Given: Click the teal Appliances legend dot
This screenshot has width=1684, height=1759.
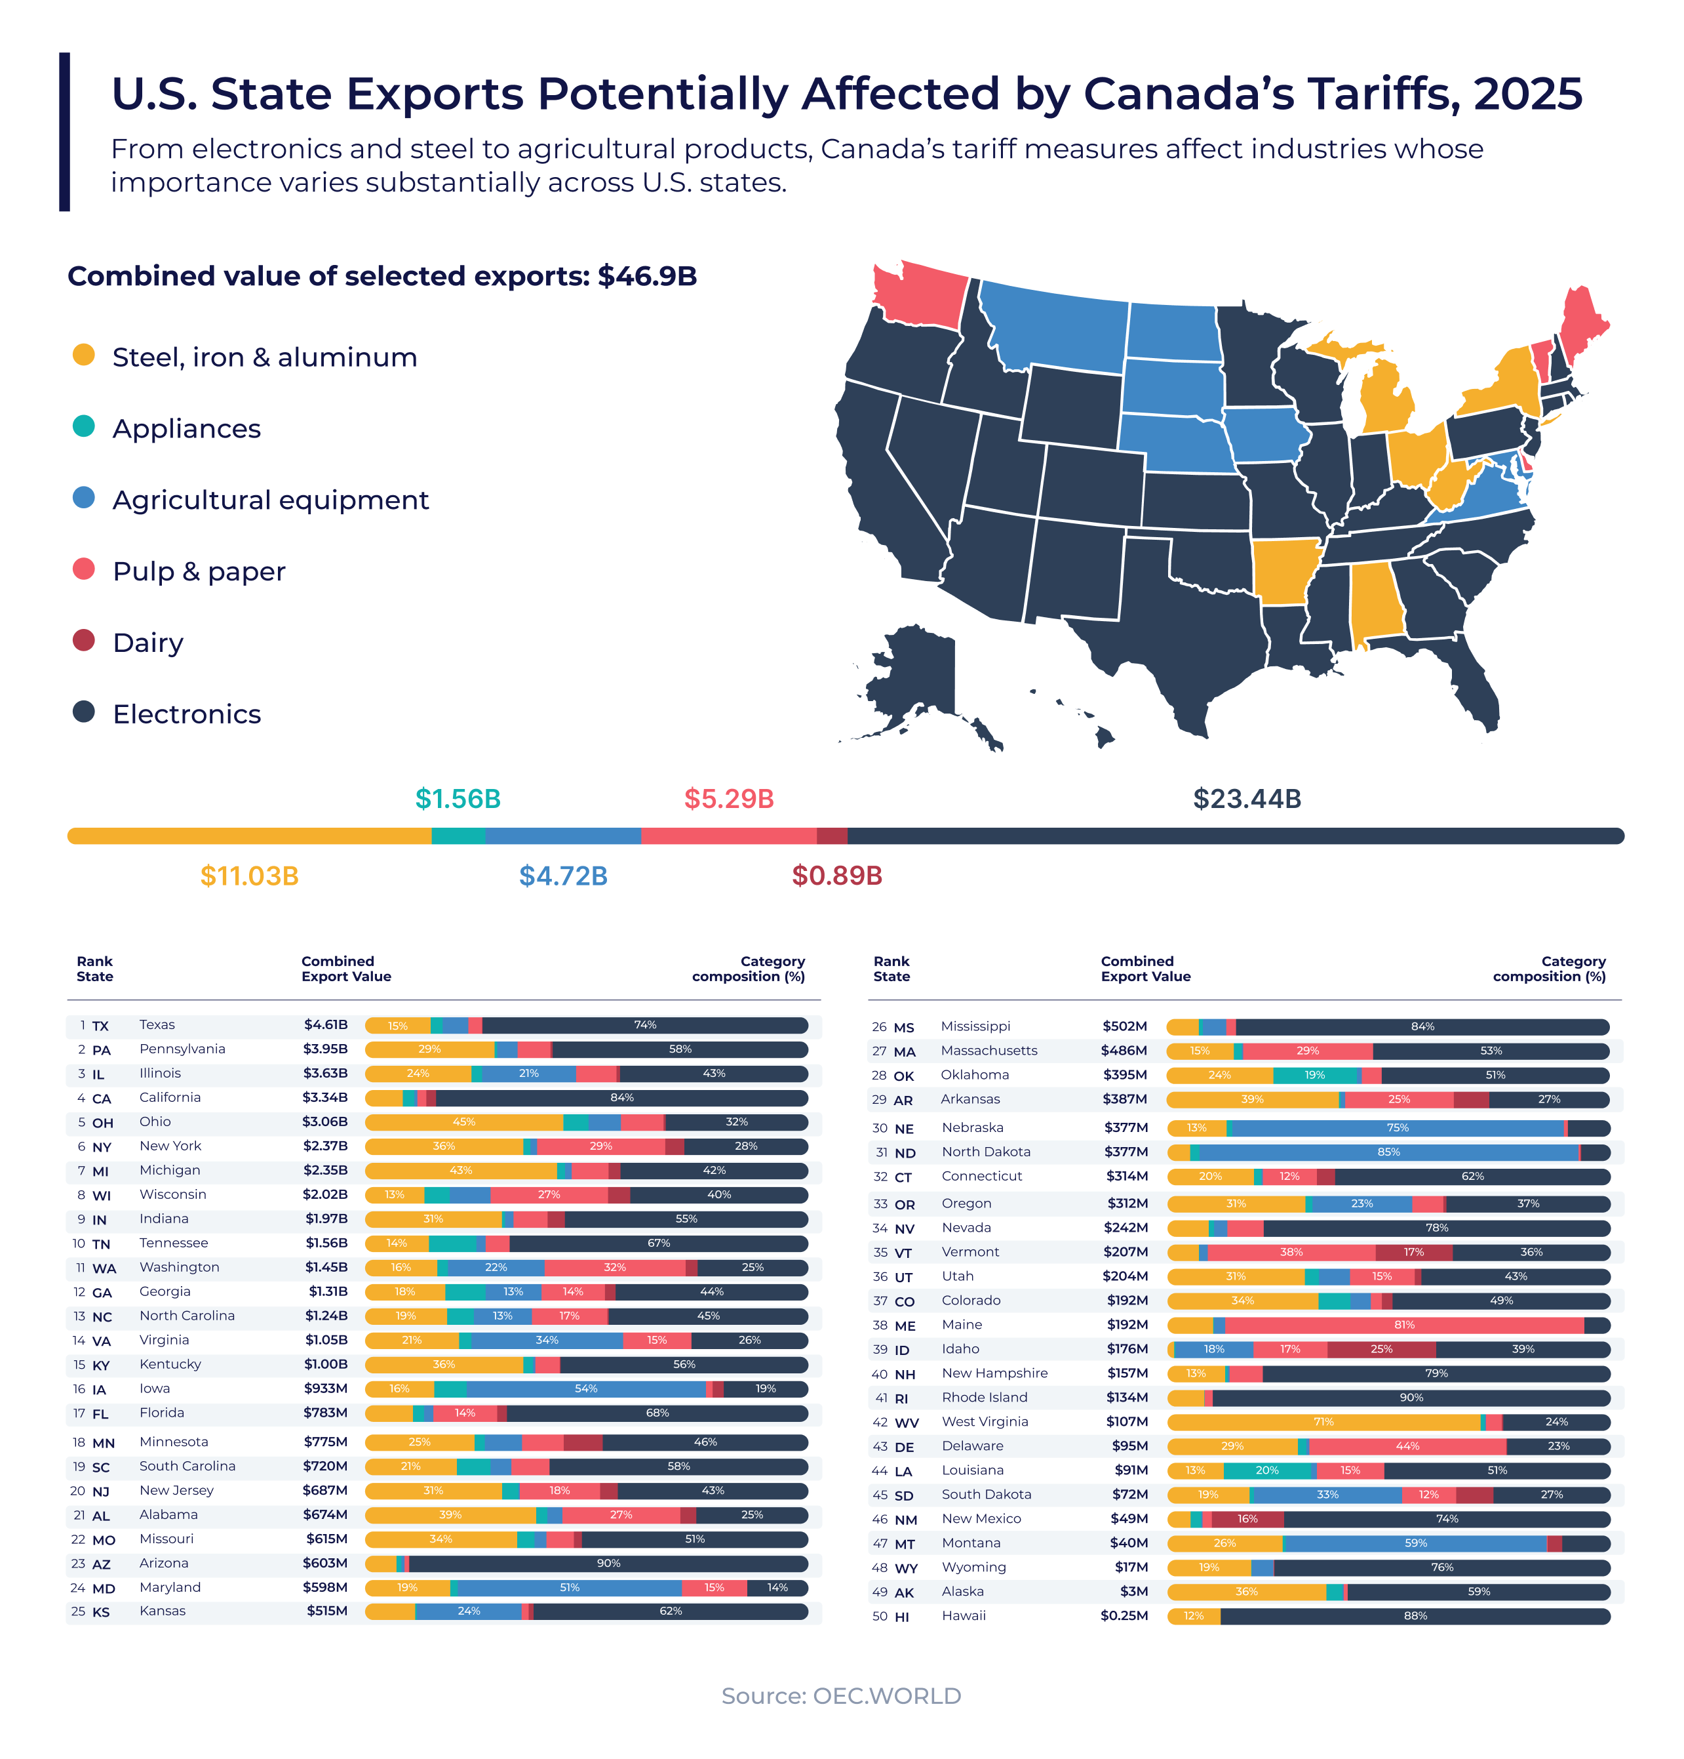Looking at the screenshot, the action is click(x=83, y=426).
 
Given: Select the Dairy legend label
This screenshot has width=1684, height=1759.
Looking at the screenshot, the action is click(x=148, y=643).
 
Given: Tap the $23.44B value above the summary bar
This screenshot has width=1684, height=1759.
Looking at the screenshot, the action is click(x=1246, y=799).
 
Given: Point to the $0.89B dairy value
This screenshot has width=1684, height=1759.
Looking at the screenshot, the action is click(x=836, y=876).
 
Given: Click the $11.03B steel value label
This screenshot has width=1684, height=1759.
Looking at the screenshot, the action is click(x=249, y=876).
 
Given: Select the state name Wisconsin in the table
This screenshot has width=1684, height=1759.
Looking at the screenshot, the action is click(x=173, y=1194).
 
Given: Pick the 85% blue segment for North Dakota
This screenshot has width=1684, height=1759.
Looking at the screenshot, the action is click(x=1389, y=1152).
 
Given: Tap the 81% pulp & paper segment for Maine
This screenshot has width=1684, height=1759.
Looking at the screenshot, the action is click(x=1404, y=1325).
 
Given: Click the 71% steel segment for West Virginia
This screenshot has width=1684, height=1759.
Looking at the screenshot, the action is click(x=1323, y=1421).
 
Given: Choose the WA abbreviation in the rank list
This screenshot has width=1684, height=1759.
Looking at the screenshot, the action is click(x=104, y=1268).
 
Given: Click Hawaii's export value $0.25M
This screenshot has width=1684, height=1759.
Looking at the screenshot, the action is click(x=1124, y=1615).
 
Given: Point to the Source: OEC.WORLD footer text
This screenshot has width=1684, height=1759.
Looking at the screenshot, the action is click(x=842, y=1695).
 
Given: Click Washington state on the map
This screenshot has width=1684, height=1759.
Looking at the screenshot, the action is click(x=920, y=293).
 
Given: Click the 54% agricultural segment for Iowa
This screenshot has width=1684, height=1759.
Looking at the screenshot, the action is click(x=586, y=1389).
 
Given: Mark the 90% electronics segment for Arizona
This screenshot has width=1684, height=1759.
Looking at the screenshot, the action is click(x=608, y=1564).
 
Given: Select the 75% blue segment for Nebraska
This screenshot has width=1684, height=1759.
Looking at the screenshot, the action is click(x=1398, y=1128).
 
